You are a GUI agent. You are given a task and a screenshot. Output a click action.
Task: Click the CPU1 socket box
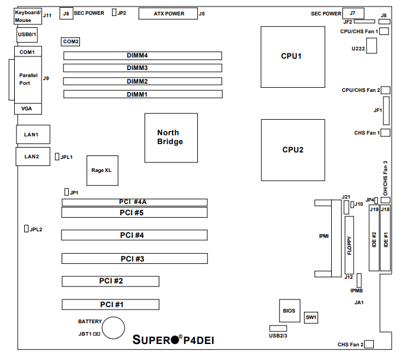point(291,57)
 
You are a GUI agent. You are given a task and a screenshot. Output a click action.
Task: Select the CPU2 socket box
point(293,149)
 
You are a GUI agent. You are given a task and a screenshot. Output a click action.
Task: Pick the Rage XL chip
point(101,170)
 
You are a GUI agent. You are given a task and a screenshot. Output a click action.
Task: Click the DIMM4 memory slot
point(143,56)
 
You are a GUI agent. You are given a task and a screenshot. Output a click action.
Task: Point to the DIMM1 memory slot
point(143,94)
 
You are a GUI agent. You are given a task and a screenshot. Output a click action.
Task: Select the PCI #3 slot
point(134,259)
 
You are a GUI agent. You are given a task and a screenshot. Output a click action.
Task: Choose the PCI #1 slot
point(110,304)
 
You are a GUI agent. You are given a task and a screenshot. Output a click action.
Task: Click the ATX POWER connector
point(168,13)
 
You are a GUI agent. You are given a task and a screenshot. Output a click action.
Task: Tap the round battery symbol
point(113,327)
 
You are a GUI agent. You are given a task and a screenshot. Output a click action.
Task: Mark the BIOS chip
point(290,310)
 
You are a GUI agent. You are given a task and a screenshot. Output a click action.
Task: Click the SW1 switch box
point(312,317)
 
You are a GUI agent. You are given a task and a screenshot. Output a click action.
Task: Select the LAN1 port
point(31,135)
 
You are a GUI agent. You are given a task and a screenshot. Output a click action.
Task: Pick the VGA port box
point(27,109)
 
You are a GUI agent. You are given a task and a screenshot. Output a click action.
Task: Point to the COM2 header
point(71,42)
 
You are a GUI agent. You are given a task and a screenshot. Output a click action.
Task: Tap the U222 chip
point(373,47)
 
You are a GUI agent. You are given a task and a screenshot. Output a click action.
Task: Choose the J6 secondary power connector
point(66,13)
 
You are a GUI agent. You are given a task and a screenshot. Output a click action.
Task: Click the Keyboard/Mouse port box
point(27,16)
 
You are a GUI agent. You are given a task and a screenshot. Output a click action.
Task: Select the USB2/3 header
point(278,329)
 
